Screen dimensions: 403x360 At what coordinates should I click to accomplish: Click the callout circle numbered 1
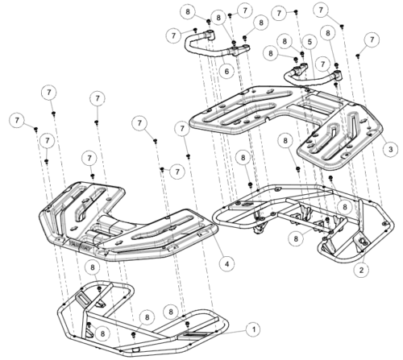tap(253, 329)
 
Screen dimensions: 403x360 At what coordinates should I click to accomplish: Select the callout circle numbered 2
tap(361, 270)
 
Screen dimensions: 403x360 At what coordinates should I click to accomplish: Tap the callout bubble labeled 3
tap(390, 149)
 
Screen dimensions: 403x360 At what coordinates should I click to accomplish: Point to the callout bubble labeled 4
tap(226, 264)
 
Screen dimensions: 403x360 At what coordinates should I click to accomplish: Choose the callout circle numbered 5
tap(310, 42)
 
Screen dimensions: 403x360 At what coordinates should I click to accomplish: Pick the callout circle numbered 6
tap(226, 72)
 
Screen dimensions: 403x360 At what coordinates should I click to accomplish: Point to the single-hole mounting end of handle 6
tap(210, 34)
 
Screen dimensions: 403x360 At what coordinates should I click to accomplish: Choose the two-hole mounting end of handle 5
tap(301, 68)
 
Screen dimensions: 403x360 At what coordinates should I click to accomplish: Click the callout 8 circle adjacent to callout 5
tap(285, 41)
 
